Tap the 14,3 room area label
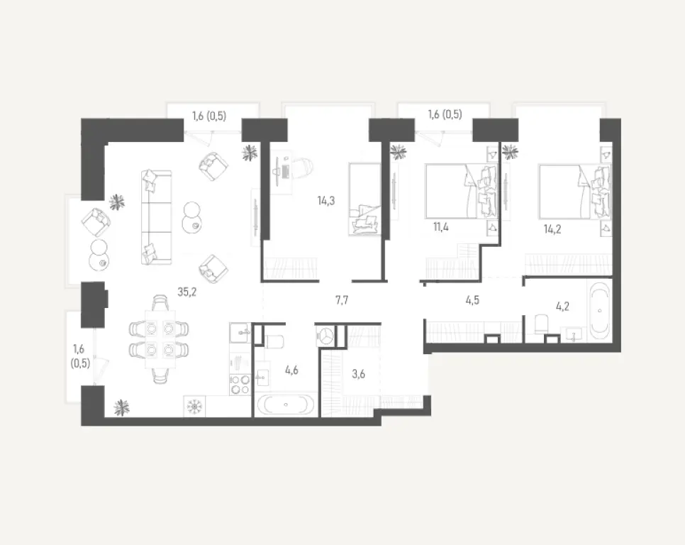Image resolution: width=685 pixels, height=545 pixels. (326, 201)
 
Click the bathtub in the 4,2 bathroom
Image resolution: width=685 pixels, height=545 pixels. (601, 311)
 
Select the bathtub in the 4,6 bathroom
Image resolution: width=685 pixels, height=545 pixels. (285, 404)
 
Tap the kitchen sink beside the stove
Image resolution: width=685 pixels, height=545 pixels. (239, 333)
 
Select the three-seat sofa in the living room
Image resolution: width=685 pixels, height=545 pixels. (156, 216)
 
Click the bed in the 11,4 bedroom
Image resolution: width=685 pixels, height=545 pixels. (460, 192)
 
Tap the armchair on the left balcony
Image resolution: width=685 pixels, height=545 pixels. (96, 223)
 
